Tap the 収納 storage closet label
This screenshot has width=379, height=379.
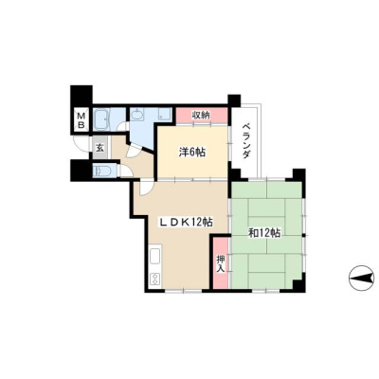[x=201, y=116]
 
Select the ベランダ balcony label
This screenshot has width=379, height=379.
[x=246, y=141]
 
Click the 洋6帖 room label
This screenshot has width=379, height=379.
[x=192, y=153]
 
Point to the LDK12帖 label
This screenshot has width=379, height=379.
[x=185, y=223]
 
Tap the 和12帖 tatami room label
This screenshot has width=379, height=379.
[x=264, y=233]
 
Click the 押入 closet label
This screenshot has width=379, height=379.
[x=221, y=264]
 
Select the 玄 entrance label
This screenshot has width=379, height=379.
[x=99, y=148]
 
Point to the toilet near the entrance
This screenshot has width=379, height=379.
[x=101, y=171]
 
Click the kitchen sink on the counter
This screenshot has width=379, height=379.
[x=155, y=256]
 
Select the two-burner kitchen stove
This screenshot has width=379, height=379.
[x=155, y=279]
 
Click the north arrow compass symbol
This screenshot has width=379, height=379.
[x=361, y=279]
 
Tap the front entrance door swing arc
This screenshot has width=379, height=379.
[x=78, y=147]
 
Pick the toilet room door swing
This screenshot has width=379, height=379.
[x=125, y=171]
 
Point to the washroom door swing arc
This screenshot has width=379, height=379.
[x=132, y=152]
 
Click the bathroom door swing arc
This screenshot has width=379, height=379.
[x=120, y=126]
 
